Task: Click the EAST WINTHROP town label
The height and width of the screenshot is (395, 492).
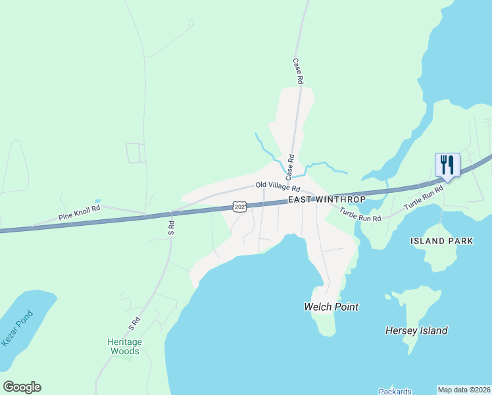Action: [x=326, y=199]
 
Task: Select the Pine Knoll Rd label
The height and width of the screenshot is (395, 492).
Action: [x=79, y=212]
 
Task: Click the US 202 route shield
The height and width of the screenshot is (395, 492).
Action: [x=240, y=207]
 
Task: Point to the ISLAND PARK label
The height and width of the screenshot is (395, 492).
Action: [x=441, y=241]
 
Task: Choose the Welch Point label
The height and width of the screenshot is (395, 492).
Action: [x=331, y=307]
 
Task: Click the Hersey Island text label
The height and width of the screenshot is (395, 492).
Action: [x=416, y=330]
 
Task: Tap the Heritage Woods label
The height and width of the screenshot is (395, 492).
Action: [x=124, y=346]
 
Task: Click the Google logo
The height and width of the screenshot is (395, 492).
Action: [x=22, y=387]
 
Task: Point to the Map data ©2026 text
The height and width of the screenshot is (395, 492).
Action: [x=464, y=390]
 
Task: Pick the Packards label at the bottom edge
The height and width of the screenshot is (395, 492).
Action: [x=395, y=392]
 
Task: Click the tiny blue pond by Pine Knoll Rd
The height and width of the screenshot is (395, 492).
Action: [x=97, y=201]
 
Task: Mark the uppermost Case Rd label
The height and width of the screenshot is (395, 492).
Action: [x=298, y=70]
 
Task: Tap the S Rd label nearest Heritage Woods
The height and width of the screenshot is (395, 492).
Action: [x=134, y=323]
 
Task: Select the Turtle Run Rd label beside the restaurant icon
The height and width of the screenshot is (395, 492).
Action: [x=424, y=196]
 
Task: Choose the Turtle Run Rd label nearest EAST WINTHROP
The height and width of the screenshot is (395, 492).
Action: [x=360, y=215]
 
